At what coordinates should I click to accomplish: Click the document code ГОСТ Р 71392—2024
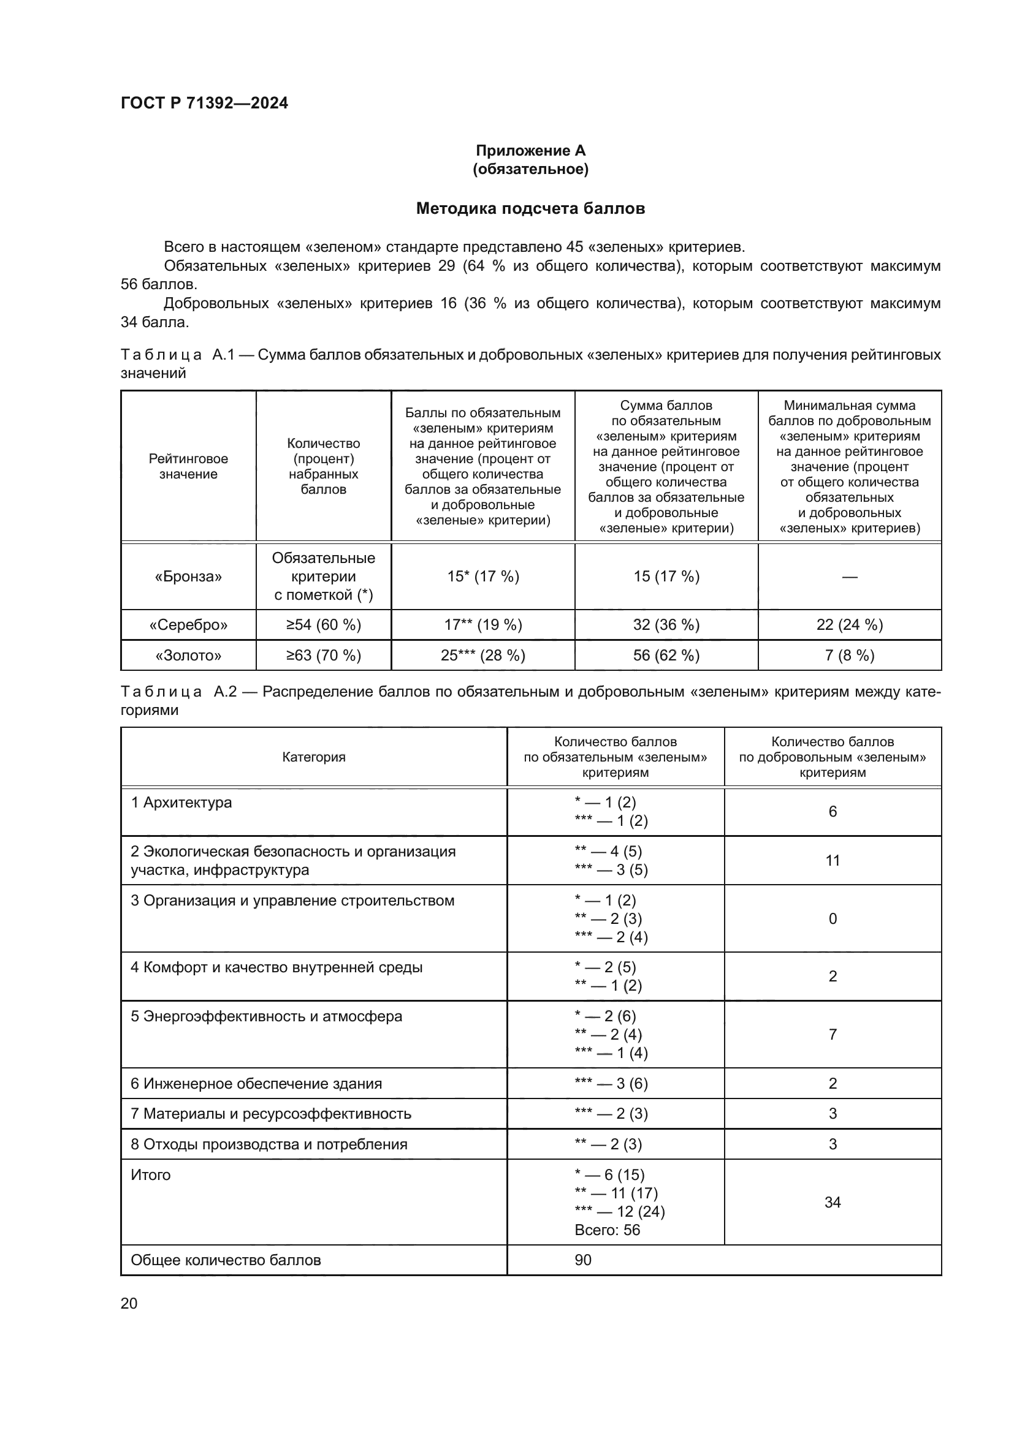point(204,104)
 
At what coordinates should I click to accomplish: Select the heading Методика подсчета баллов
point(530,208)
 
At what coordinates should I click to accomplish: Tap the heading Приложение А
point(530,151)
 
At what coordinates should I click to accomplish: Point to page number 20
point(129,1303)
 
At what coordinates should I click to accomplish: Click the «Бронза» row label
point(188,577)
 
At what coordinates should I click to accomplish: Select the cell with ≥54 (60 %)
point(324,625)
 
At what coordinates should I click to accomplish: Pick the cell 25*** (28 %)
point(482,656)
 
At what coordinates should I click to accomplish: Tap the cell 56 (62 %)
point(666,656)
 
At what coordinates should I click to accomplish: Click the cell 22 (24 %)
point(849,625)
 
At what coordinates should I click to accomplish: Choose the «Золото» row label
point(188,656)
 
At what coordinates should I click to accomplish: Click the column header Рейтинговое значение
point(188,466)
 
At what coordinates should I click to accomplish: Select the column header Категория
point(313,757)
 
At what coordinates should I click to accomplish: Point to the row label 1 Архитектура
point(181,803)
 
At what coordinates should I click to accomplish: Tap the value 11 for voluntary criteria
point(833,861)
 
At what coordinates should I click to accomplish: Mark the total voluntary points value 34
point(833,1202)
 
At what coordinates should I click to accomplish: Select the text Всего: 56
point(607,1230)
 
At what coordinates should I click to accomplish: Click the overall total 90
point(582,1260)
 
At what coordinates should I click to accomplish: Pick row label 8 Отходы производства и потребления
point(269,1144)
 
